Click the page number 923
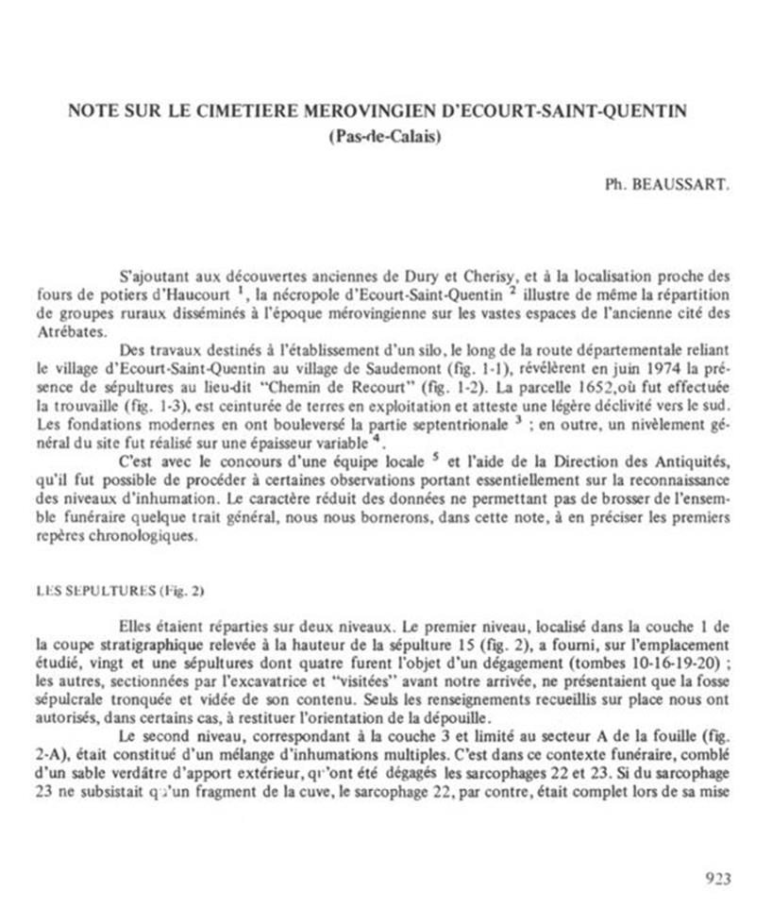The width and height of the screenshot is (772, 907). [718, 879]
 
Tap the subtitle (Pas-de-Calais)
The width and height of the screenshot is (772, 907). [386, 134]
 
